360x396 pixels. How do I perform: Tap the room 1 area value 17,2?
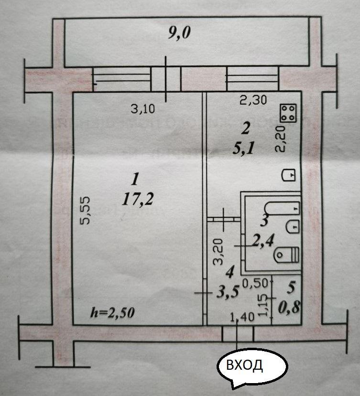tap(133, 200)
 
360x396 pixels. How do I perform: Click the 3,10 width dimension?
tap(142, 109)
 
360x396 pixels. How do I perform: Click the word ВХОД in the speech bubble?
tap(244, 366)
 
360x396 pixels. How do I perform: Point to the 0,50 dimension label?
tap(254, 283)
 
